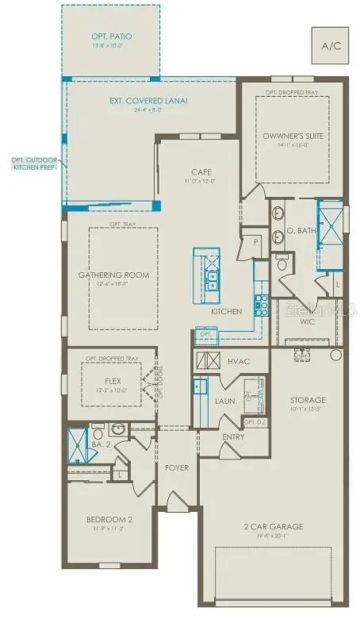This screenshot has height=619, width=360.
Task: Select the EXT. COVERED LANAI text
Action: point(150,101)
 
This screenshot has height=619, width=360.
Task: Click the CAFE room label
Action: point(200,172)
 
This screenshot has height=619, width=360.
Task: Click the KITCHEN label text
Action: point(226,312)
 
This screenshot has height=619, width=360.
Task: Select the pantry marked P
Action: point(255,243)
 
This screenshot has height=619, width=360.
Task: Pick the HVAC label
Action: point(239,362)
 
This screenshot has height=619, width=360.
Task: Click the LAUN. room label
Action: point(226,402)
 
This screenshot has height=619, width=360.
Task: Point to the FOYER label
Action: point(177,468)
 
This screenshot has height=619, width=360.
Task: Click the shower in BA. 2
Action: point(77,444)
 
